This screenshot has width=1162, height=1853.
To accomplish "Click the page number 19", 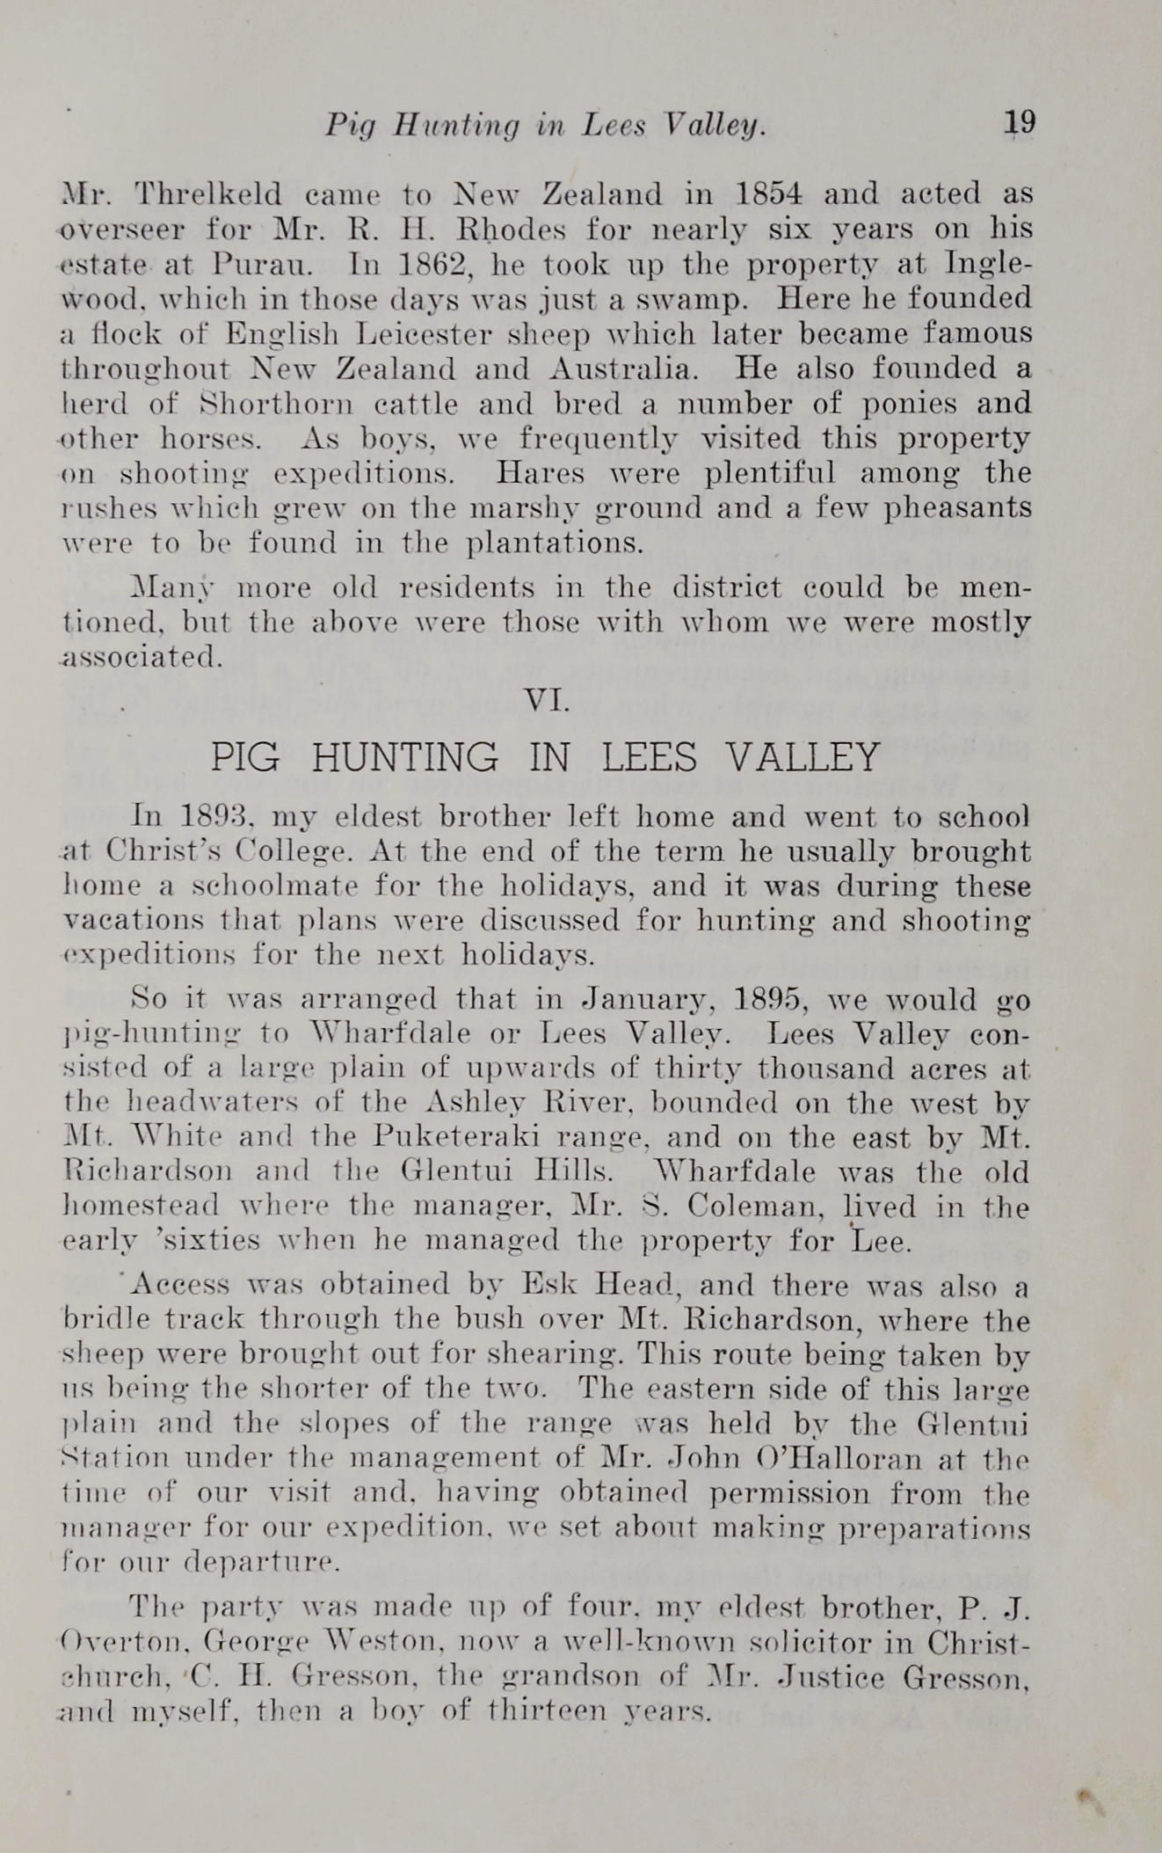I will pos(1020,122).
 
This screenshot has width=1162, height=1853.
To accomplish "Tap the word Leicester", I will pos(430,334).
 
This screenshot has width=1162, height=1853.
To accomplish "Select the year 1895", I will pos(772,1000).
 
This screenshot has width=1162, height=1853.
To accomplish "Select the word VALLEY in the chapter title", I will pos(805,757).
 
